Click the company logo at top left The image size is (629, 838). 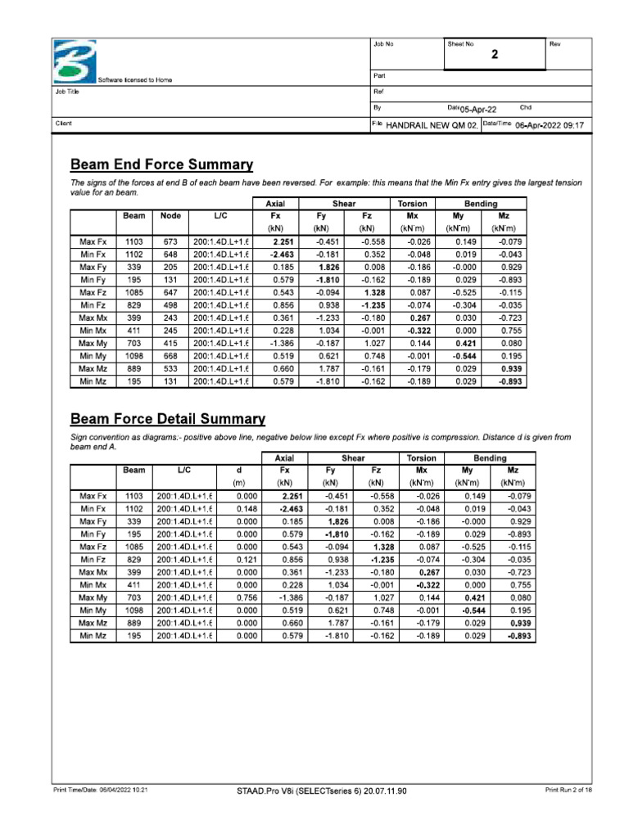tap(75, 61)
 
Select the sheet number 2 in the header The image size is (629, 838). tap(494, 56)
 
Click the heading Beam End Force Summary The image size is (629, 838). tap(161, 164)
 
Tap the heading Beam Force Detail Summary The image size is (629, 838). tap(168, 419)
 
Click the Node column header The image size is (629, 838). tap(170, 215)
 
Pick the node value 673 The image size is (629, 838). tap(170, 241)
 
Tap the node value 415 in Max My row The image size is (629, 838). tap(170, 345)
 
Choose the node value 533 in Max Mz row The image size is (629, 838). tap(170, 370)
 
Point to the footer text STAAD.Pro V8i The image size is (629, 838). tap(320, 791)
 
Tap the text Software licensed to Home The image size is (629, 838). tap(135, 80)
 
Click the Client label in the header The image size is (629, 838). tap(63, 124)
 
